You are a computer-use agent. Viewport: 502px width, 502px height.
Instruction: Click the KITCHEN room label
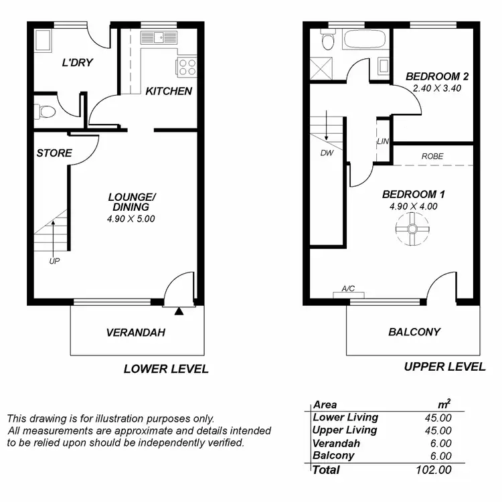coord(169,91)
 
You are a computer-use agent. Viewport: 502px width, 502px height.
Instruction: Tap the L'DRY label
coord(77,63)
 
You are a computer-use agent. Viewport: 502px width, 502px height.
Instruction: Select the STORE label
coord(54,153)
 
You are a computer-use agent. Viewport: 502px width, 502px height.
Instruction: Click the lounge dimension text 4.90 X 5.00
coord(132,218)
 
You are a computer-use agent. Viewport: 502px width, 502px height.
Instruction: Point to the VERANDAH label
coord(135,332)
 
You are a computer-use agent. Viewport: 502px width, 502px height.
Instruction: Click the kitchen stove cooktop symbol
coord(185,67)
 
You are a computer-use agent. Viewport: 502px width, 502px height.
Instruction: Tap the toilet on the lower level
coord(46,111)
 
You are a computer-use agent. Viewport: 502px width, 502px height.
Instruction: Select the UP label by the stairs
coord(54,262)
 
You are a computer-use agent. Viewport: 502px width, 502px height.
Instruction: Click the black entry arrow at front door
coord(179,311)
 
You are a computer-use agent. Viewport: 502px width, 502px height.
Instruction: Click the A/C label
coord(348,289)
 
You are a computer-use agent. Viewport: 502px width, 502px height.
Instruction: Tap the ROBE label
coord(432,156)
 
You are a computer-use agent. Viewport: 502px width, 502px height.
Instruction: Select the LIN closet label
coord(383,141)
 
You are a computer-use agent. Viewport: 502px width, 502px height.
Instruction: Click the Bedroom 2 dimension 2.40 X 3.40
coord(436,88)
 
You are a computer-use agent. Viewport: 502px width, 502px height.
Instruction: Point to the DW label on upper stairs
coord(327,152)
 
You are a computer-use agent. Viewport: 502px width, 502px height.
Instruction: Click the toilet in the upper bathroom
coord(327,41)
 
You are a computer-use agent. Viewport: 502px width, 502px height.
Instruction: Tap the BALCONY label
coord(414,331)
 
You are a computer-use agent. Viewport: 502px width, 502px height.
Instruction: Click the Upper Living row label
coord(345,430)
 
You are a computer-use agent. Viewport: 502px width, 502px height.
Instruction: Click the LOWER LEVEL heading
coord(166,369)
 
